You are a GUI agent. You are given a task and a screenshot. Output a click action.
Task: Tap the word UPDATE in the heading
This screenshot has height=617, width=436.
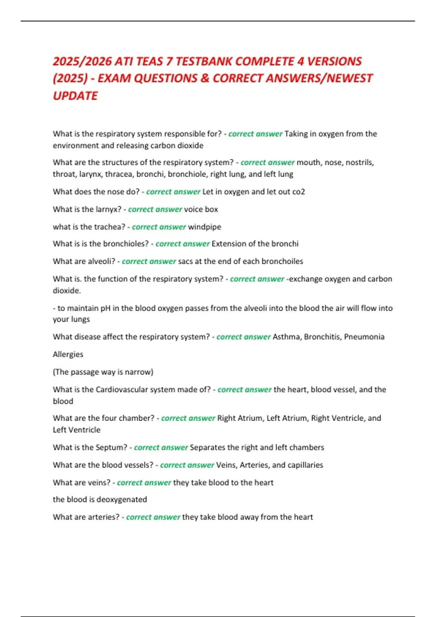tap(75, 96)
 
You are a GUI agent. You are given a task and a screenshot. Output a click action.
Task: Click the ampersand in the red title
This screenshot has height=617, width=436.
tap(205, 78)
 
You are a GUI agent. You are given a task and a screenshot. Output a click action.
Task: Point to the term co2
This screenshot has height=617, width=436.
tap(299, 192)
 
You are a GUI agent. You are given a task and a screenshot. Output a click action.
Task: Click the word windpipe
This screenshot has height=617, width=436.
tap(205, 227)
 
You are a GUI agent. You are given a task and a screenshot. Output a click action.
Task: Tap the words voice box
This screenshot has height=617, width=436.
tap(201, 209)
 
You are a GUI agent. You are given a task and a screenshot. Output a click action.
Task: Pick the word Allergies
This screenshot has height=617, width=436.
tap(68, 354)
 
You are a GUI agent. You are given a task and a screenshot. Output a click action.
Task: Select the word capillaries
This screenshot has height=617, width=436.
tap(305, 465)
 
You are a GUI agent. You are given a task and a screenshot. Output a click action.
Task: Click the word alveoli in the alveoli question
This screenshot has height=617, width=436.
tap(101, 261)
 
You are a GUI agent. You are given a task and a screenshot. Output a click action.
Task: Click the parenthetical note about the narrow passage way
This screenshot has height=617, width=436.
tap(103, 372)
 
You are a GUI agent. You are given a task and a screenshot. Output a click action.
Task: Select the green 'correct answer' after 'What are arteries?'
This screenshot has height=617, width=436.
tap(153, 517)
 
